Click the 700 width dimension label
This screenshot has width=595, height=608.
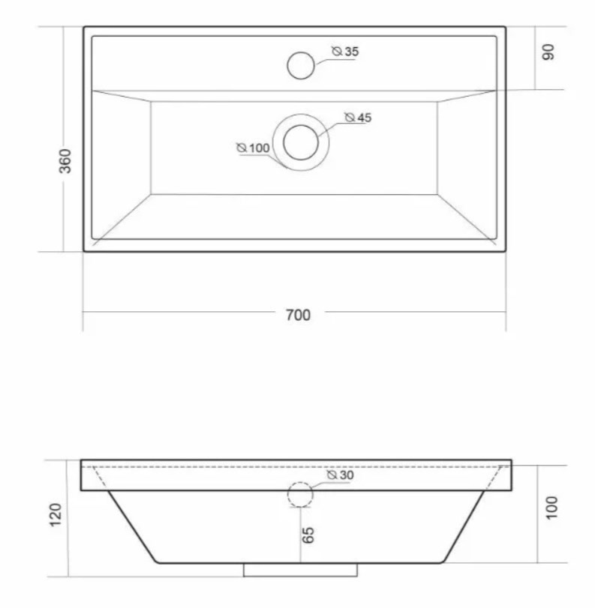298,315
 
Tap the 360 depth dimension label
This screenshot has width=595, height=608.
65,161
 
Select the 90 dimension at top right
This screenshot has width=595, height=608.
548,52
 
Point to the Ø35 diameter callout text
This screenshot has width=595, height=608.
345,51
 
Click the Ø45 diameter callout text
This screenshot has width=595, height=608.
358,117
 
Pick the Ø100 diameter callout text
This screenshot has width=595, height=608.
253,148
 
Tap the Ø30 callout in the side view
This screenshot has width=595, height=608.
341,475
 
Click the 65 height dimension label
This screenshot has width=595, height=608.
308,535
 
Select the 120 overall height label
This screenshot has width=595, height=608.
56,514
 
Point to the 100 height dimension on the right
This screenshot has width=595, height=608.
551,508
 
